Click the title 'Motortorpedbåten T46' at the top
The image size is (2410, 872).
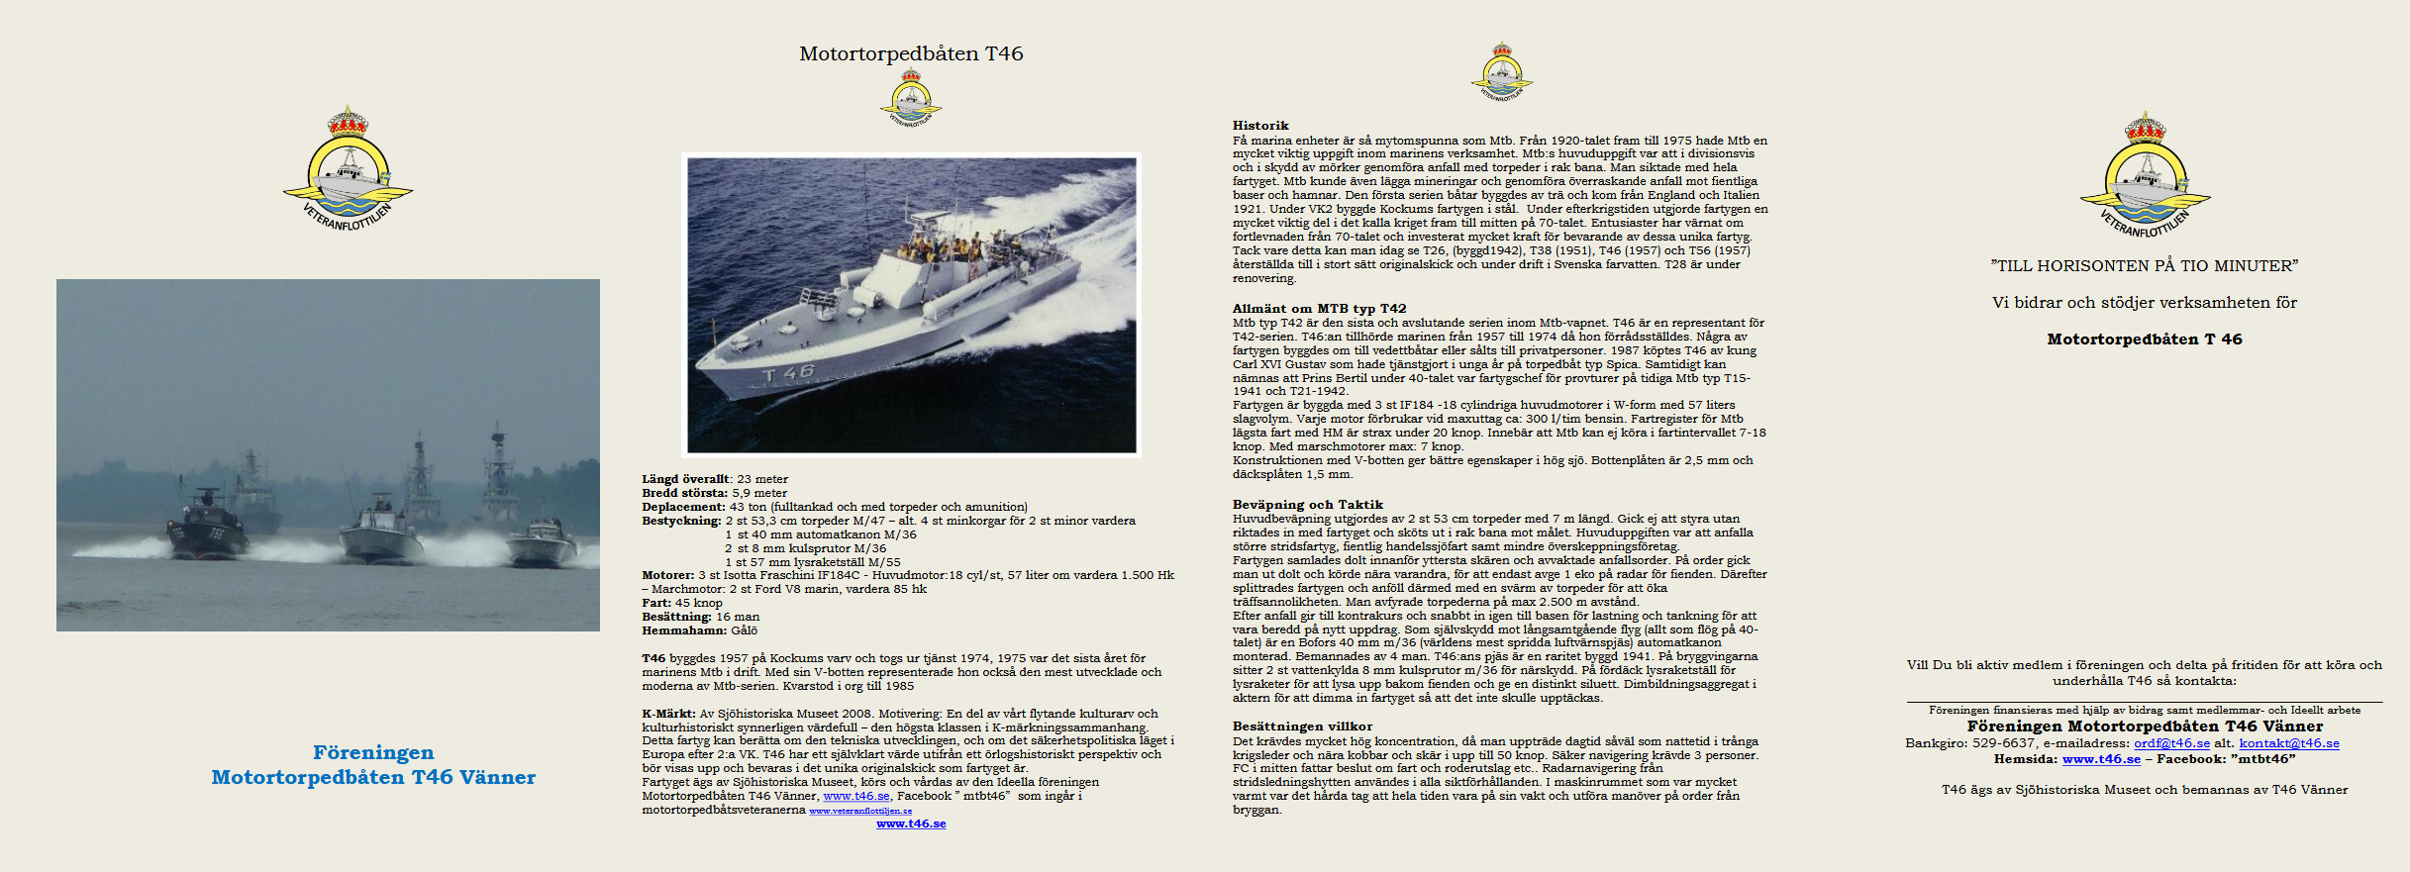[x=911, y=53]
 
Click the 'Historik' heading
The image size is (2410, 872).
[x=1260, y=126]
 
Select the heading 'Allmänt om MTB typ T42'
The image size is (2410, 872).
[x=1319, y=308]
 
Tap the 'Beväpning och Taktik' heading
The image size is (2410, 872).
[x=1307, y=504]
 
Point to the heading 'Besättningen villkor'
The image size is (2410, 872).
[x=1302, y=726]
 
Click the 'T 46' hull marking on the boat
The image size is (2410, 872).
[x=788, y=373]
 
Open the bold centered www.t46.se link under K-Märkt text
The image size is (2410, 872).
[x=911, y=824]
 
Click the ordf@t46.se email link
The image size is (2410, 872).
[x=2171, y=743]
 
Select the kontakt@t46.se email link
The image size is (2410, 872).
[x=2289, y=743]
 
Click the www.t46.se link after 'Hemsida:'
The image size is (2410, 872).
[x=2101, y=759]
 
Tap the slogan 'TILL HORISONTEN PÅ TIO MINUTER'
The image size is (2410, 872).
[x=2144, y=265]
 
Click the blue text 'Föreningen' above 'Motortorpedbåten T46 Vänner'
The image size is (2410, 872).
[x=373, y=752]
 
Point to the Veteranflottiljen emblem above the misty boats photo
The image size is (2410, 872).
[x=348, y=169]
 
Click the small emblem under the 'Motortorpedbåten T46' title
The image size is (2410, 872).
[x=911, y=98]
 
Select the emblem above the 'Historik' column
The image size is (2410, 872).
[x=1501, y=71]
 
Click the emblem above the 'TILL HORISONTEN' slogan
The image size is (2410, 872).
[x=2145, y=175]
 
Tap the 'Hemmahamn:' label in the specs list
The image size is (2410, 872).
[x=683, y=630]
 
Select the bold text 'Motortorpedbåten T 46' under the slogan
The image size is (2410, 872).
[x=2144, y=339]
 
